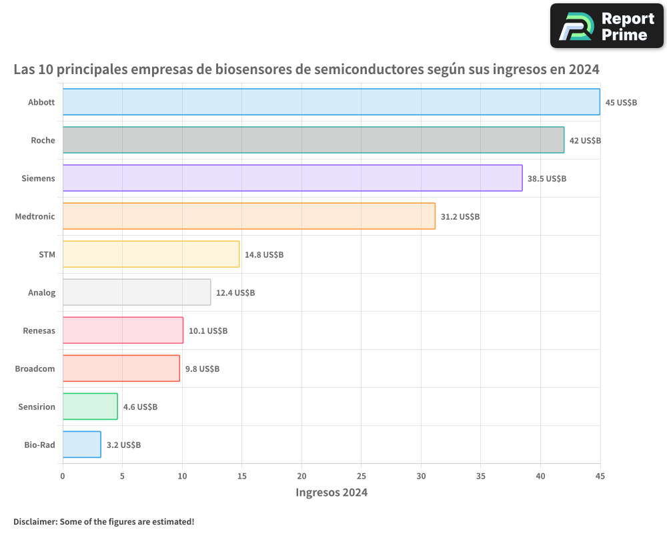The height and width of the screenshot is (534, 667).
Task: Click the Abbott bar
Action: [331, 102]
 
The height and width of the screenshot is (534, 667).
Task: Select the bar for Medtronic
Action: [249, 216]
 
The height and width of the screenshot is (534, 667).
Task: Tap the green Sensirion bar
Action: [90, 407]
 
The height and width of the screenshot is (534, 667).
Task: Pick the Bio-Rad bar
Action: [81, 445]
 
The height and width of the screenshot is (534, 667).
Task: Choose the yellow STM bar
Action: [151, 254]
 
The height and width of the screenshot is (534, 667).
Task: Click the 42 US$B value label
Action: [585, 141]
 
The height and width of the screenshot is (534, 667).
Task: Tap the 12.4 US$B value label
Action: [235, 293]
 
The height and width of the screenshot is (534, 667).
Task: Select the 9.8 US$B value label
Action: [202, 369]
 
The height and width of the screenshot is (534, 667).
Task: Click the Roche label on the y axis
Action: [43, 141]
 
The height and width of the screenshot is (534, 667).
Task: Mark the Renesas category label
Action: [39, 331]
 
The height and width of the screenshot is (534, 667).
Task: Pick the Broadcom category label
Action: [35, 369]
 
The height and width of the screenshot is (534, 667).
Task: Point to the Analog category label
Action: [41, 293]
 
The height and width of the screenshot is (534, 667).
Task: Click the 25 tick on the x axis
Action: [362, 477]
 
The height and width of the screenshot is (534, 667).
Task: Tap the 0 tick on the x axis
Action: [63, 477]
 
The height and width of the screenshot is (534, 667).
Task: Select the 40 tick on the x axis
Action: [540, 477]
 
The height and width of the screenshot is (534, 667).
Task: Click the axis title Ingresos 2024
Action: [331, 493]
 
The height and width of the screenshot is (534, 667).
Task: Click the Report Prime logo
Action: [606, 26]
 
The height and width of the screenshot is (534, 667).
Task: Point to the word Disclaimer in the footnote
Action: [35, 521]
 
